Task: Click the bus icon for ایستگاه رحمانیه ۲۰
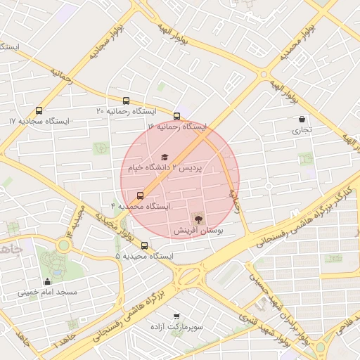126,101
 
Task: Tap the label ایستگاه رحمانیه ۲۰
126,111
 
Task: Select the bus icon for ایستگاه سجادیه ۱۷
39,110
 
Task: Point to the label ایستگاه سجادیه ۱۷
39,121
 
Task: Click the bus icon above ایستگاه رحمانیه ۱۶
177,116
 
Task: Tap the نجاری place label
301,130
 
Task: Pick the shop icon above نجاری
302,120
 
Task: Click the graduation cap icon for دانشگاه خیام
165,157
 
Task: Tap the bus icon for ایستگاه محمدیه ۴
140,195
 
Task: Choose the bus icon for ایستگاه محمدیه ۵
145,245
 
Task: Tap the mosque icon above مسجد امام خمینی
47,281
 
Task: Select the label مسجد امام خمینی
47,292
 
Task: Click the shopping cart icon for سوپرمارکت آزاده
176,316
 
